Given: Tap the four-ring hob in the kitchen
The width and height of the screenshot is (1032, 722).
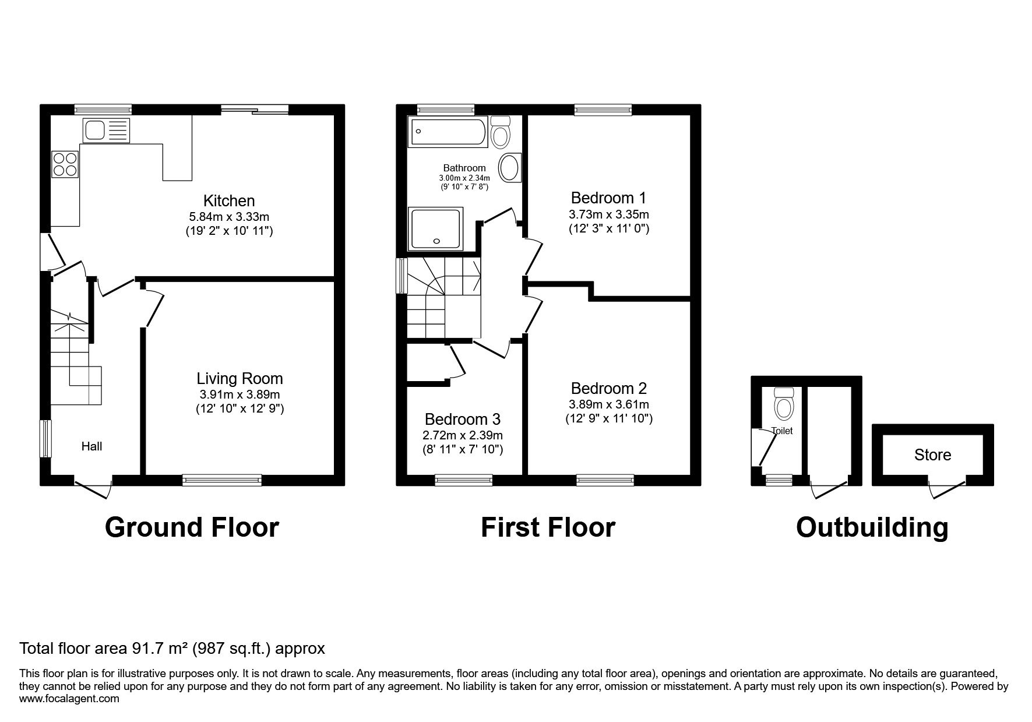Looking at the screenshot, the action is tap(65, 164).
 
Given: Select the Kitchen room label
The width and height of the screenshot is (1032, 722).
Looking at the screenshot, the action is tap(229, 201).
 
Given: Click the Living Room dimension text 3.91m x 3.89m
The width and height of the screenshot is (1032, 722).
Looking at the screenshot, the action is tap(240, 395).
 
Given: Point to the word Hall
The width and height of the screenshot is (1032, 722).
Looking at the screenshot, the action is tap(91, 446).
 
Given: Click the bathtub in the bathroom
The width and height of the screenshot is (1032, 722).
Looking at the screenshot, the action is tap(448, 132).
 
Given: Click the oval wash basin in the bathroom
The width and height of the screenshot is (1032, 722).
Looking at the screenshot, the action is tap(511, 168).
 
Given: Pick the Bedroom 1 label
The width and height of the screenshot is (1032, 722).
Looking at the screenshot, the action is tap(609, 198).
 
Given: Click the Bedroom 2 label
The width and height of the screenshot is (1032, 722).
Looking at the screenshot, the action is tap(609, 389).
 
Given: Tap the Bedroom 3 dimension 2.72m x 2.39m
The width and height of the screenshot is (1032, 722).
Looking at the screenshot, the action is tap(463, 435).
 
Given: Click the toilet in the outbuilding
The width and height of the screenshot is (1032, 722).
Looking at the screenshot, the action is tap(784, 403).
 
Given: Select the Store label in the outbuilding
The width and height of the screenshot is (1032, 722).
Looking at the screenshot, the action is tap(932, 455).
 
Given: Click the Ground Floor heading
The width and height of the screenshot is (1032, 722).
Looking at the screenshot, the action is tap(192, 527).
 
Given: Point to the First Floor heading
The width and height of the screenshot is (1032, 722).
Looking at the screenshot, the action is tap(548, 527).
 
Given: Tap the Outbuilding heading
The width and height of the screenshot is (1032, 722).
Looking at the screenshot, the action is tap(872, 528).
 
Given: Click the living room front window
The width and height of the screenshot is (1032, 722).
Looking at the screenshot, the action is tap(222, 480).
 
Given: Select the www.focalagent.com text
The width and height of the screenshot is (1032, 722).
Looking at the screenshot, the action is tap(69, 699).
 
